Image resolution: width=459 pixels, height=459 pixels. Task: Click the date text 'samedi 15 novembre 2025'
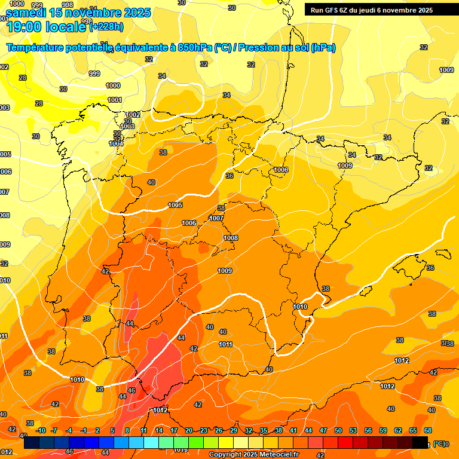point(78,13)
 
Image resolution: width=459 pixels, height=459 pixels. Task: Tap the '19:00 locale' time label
point(47,26)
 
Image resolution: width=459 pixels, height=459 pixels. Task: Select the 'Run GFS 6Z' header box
point(369,10)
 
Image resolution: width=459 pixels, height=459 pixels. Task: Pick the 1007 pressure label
point(216,218)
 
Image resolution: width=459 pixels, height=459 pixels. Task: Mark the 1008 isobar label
point(231,238)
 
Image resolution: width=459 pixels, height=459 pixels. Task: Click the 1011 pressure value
point(225,344)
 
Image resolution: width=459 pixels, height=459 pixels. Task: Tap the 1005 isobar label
point(175,205)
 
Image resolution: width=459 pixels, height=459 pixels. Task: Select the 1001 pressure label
point(115,100)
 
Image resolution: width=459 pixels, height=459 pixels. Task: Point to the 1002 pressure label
point(133,114)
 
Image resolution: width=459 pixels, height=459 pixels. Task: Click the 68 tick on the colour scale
point(428,430)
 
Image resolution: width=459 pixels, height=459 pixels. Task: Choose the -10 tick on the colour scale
point(41,430)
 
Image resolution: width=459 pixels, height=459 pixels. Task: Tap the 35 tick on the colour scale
point(264,430)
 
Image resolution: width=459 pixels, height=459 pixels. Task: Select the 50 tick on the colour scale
point(338,430)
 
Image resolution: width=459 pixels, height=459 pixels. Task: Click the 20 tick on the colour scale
point(189,430)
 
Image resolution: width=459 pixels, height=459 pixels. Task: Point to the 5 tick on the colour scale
point(112,430)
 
